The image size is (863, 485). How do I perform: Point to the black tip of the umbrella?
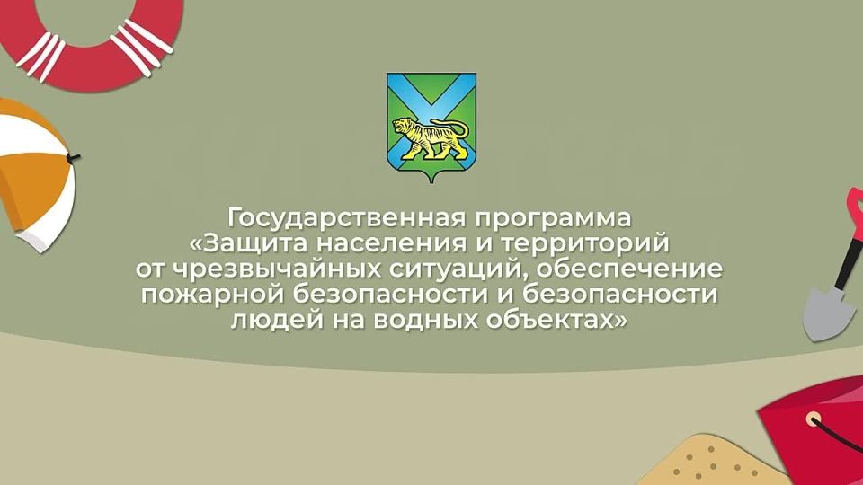click(x=73, y=158)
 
